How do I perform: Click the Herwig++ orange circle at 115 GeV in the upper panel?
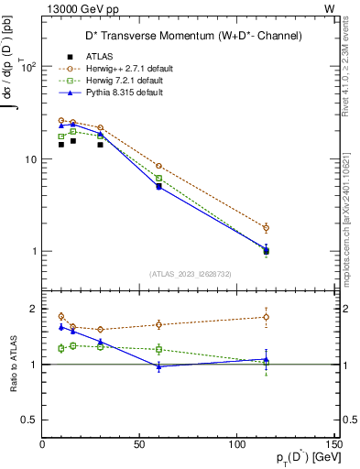pyautogui.click(x=266, y=227)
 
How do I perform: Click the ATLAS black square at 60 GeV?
pyautogui.click(x=158, y=186)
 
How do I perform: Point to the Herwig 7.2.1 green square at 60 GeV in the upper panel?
pyautogui.click(x=158, y=179)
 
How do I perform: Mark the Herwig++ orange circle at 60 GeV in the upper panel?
pyautogui.click(x=158, y=166)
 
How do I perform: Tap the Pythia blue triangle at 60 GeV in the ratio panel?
pyautogui.click(x=158, y=366)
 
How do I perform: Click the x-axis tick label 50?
pyautogui.click(x=139, y=444)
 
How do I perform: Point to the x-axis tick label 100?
pyautogui.click(x=236, y=444)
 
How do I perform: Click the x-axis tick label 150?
pyautogui.click(x=333, y=444)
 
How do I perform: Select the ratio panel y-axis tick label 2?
pyautogui.click(x=32, y=309)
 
